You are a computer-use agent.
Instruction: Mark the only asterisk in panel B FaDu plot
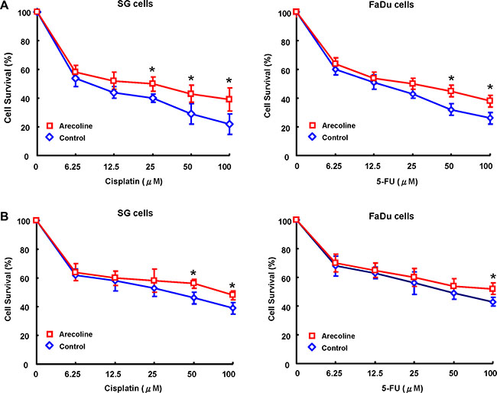(x=492, y=278)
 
